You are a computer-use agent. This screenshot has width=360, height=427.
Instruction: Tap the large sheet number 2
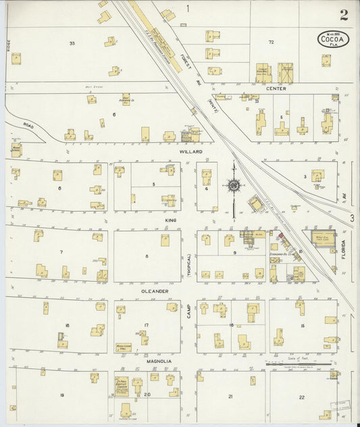point(344,14)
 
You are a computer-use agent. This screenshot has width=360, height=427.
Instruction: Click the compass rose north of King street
point(234,184)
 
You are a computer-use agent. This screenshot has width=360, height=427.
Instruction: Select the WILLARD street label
point(191,153)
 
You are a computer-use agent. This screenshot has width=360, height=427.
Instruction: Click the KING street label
point(170,220)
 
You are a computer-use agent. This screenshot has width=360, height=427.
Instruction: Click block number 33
point(72,43)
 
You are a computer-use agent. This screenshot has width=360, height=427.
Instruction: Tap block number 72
point(271,42)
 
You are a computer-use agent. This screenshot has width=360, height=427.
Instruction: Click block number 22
point(302,397)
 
